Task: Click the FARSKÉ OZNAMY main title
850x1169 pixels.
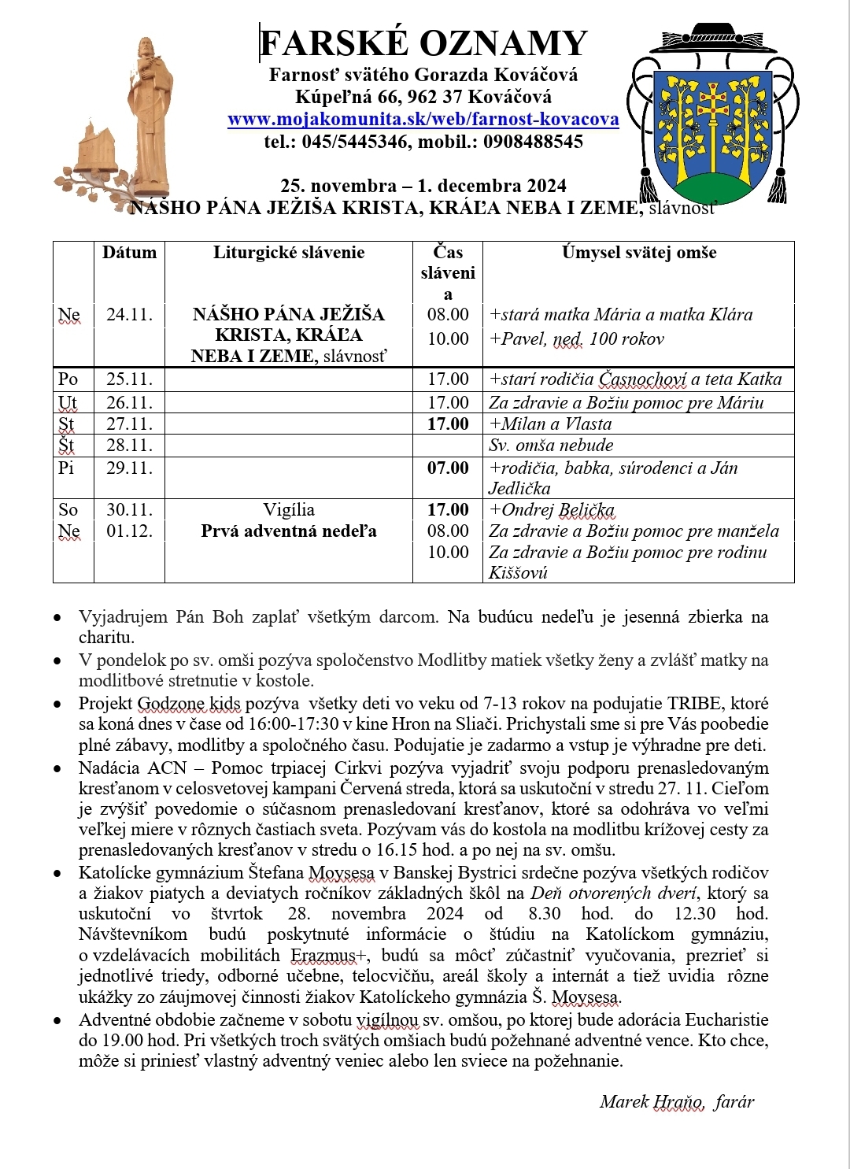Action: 423,43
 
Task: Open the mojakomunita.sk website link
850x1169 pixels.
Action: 423,120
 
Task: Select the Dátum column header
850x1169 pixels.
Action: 129,253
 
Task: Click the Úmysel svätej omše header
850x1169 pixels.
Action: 638,253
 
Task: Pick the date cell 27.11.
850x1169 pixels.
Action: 129,424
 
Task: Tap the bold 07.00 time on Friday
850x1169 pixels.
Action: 448,468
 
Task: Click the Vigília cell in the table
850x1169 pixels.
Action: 289,510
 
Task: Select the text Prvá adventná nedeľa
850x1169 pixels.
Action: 289,531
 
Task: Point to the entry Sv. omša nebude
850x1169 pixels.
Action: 551,446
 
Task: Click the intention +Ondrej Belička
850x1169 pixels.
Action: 552,510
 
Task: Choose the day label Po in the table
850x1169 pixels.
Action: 68,379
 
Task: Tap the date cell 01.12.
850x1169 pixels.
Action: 129,531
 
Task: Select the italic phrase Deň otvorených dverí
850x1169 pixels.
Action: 614,893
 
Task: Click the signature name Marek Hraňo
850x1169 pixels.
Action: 652,1102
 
